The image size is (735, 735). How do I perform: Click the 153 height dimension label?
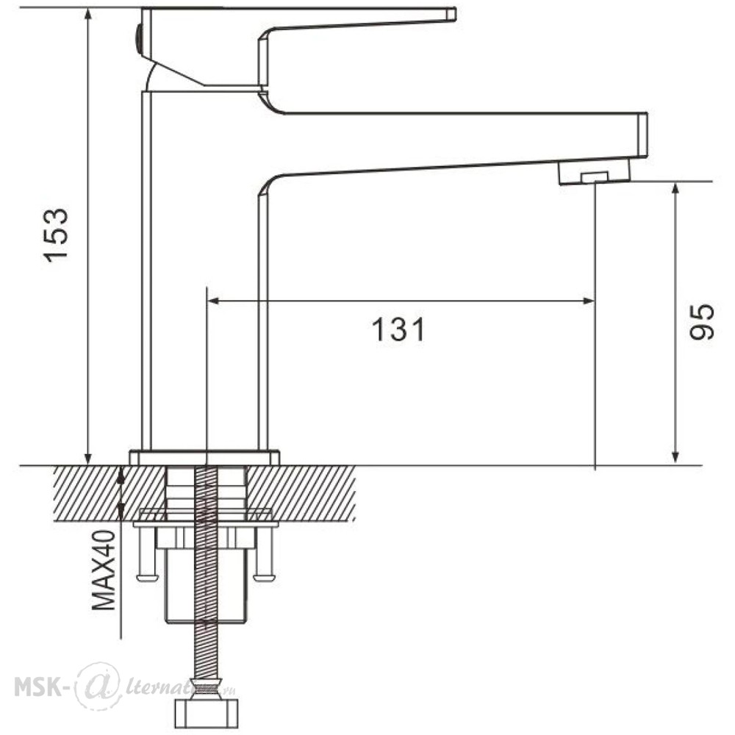click(57, 234)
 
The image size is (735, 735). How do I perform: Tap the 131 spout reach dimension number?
click(398, 329)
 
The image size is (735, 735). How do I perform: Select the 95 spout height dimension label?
click(702, 322)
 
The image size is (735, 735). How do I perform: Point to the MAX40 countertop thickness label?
click(104, 570)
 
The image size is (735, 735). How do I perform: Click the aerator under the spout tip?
click(595, 173)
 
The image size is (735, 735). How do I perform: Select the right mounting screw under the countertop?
click(265, 553)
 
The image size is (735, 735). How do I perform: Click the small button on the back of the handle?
click(138, 40)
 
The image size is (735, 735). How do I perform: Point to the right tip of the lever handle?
click(455, 14)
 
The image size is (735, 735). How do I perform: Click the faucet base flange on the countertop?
click(204, 457)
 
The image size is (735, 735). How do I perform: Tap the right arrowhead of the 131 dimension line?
click(588, 301)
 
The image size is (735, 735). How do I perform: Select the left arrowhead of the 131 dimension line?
click(213, 301)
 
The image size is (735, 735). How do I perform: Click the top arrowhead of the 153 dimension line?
click(88, 15)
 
